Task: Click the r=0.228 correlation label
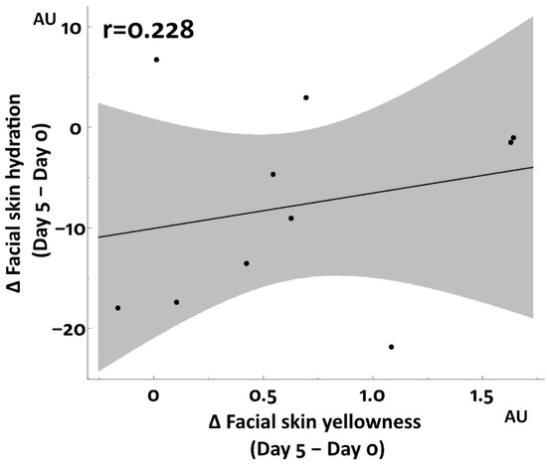click(x=149, y=30)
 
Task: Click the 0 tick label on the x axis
click(x=153, y=393)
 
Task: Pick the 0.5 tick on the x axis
click(x=264, y=393)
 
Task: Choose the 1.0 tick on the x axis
click(x=373, y=393)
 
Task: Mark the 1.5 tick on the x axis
click(x=482, y=393)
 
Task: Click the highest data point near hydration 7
click(x=156, y=60)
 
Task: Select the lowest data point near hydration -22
click(x=391, y=347)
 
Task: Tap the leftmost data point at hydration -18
click(x=117, y=308)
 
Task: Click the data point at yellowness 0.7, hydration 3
click(x=306, y=97)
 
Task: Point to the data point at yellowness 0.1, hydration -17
click(x=176, y=302)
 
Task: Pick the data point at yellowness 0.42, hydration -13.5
click(x=246, y=263)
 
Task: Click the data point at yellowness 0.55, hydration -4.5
click(x=273, y=174)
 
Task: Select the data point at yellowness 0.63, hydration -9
click(x=290, y=218)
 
